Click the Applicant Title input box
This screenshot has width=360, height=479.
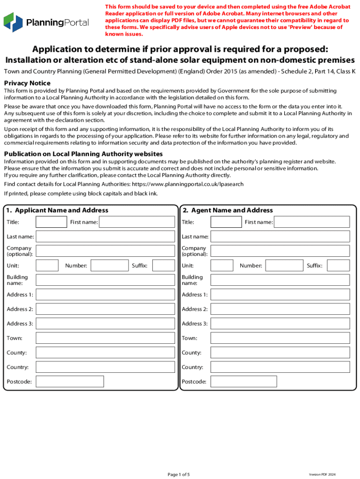coord(51,222)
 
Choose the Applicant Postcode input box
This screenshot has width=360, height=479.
coord(70,382)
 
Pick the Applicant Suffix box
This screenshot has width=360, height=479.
coord(164,266)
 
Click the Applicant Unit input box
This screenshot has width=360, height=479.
coord(47,266)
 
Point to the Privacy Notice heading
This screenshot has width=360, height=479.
coord(27,83)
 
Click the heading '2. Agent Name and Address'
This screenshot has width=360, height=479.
coord(228,210)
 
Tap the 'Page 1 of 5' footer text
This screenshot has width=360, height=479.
coord(179,474)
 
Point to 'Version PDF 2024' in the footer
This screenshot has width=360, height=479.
coord(322,474)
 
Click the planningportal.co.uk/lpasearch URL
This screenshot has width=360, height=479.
coord(187,184)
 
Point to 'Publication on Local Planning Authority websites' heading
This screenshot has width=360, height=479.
coord(83,154)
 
